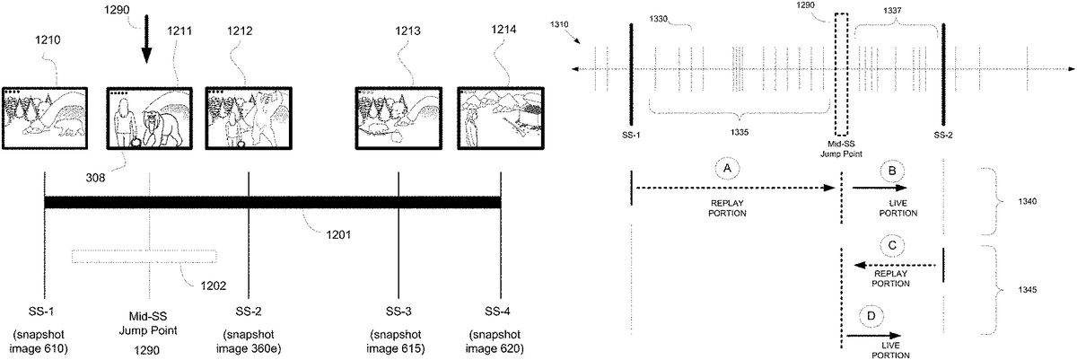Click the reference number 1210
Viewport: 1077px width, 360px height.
[48, 40]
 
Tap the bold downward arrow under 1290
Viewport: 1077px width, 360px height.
[146, 39]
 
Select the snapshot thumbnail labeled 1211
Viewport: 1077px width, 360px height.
[149, 119]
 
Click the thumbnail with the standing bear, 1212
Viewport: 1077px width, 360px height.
[249, 119]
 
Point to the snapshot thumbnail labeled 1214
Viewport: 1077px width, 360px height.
[501, 119]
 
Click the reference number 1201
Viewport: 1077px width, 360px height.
[338, 235]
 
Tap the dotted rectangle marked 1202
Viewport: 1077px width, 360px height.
[144, 256]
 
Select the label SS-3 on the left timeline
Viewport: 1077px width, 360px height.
[398, 312]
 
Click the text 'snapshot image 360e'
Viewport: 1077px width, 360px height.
[249, 341]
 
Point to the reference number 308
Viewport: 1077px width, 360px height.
[95, 178]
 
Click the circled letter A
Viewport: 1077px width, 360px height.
[727, 169]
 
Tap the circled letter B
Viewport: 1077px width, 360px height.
[892, 171]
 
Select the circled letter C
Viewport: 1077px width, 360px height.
[892, 246]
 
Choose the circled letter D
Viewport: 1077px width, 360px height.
[871, 316]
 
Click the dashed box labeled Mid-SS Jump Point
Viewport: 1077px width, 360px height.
[841, 75]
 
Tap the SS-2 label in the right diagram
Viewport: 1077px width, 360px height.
[943, 136]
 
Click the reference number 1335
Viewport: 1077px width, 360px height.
[739, 132]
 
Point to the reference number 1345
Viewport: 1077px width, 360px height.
[1027, 290]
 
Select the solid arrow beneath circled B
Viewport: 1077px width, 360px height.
[880, 188]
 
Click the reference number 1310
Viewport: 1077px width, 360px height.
[559, 24]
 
